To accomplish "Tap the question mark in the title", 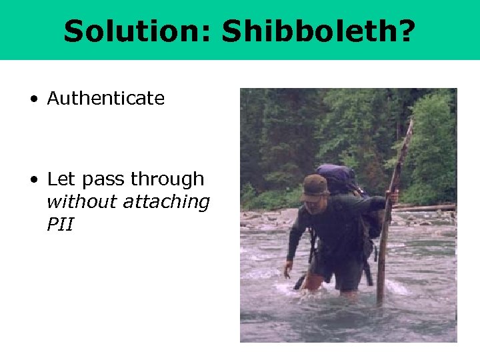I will pyautogui.click(x=404, y=31).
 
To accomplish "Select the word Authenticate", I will pyautogui.click(x=105, y=99).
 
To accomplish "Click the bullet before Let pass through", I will pyautogui.click(x=33, y=181).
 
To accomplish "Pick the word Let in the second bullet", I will pyautogui.click(x=59, y=179).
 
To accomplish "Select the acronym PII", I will pyautogui.click(x=60, y=225).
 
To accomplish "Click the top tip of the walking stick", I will pyautogui.click(x=411, y=123).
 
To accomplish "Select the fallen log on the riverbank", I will pyautogui.click(x=427, y=208).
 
